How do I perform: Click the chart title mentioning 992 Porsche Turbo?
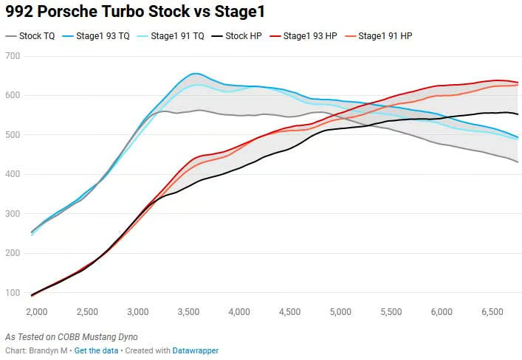click(x=135, y=12)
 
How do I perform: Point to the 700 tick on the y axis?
click(x=13, y=57)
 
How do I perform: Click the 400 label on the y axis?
click(x=13, y=175)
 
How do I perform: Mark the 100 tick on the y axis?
click(x=13, y=293)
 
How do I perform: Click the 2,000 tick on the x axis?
click(x=36, y=313)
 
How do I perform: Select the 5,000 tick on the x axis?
click(x=340, y=313)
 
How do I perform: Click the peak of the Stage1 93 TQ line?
click(x=194, y=73)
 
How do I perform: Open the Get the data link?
click(x=96, y=350)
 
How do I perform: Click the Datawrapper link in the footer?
click(x=196, y=350)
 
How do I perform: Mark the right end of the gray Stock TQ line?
click(x=518, y=162)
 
